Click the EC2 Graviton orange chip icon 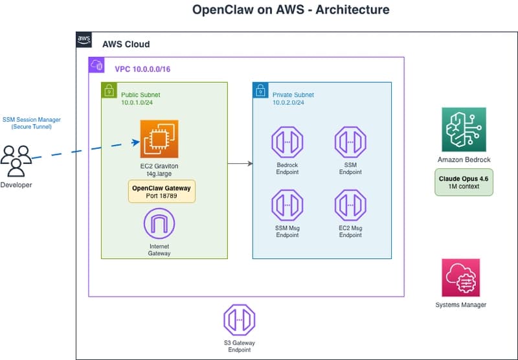(159, 139)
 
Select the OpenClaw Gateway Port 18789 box (161, 192)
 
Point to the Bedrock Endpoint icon (287, 142)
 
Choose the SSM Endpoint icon (350, 142)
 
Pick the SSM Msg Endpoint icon (287, 206)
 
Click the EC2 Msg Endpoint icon (350, 206)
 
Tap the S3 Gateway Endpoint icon (239, 321)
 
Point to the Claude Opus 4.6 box (464, 182)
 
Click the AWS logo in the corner (84, 40)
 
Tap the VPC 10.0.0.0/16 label (142, 69)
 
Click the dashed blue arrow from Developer (84, 150)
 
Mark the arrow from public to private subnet (240, 164)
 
